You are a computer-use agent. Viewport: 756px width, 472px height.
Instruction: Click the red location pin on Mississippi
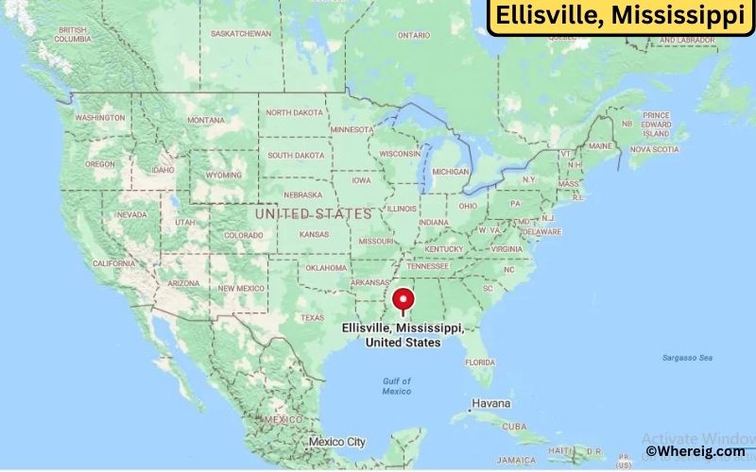click(404, 299)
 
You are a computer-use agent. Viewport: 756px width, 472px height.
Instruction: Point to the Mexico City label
click(336, 442)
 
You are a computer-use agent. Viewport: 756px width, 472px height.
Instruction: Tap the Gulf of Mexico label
click(397, 385)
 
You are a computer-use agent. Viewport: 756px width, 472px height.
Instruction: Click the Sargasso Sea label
click(687, 358)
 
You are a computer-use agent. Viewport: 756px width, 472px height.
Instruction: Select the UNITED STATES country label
click(313, 214)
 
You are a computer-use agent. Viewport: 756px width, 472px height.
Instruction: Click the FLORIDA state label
click(480, 362)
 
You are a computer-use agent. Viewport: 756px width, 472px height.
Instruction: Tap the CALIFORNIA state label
click(113, 263)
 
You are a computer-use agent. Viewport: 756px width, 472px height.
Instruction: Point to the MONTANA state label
click(206, 120)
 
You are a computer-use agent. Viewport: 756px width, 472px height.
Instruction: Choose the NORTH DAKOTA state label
click(294, 112)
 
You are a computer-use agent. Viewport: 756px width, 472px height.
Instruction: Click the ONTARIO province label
click(414, 35)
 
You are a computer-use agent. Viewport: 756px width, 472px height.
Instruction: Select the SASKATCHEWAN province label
click(240, 33)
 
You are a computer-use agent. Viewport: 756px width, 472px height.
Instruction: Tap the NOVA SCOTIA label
click(655, 149)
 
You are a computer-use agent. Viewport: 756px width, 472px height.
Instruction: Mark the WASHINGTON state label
click(100, 118)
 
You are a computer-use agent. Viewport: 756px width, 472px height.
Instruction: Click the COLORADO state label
click(244, 235)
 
